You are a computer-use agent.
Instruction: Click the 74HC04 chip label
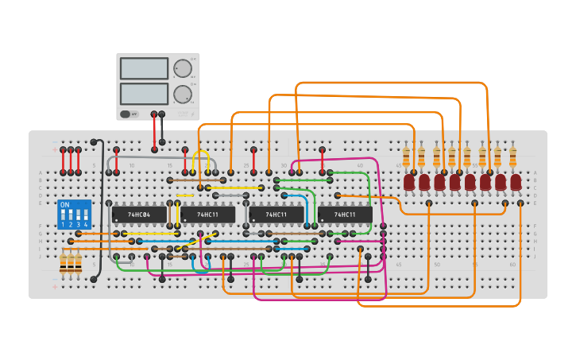pyautogui.click(x=139, y=215)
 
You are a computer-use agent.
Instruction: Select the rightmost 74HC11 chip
pyautogui.click(x=345, y=215)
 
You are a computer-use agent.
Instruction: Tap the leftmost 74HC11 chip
pyautogui.click(x=207, y=215)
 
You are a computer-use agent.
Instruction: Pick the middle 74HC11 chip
pyautogui.click(x=276, y=215)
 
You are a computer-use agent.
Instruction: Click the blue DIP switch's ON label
pyautogui.click(x=65, y=205)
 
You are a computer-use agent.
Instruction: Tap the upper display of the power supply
pyautogui.click(x=144, y=68)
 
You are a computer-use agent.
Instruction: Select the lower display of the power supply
pyautogui.click(x=144, y=94)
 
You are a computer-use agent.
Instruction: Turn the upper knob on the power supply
pyautogui.click(x=183, y=68)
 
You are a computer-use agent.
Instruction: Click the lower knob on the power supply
pyautogui.click(x=183, y=94)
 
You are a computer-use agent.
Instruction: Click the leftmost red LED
pyautogui.click(x=409, y=183)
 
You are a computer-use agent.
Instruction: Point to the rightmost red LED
pyautogui.click(x=516, y=183)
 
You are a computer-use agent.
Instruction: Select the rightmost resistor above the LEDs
pyautogui.click(x=512, y=157)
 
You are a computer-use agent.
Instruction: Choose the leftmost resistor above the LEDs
pyautogui.click(x=406, y=157)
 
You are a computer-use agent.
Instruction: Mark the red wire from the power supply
pyautogui.click(x=154, y=131)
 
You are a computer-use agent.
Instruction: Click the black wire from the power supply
pyautogui.click(x=162, y=128)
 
